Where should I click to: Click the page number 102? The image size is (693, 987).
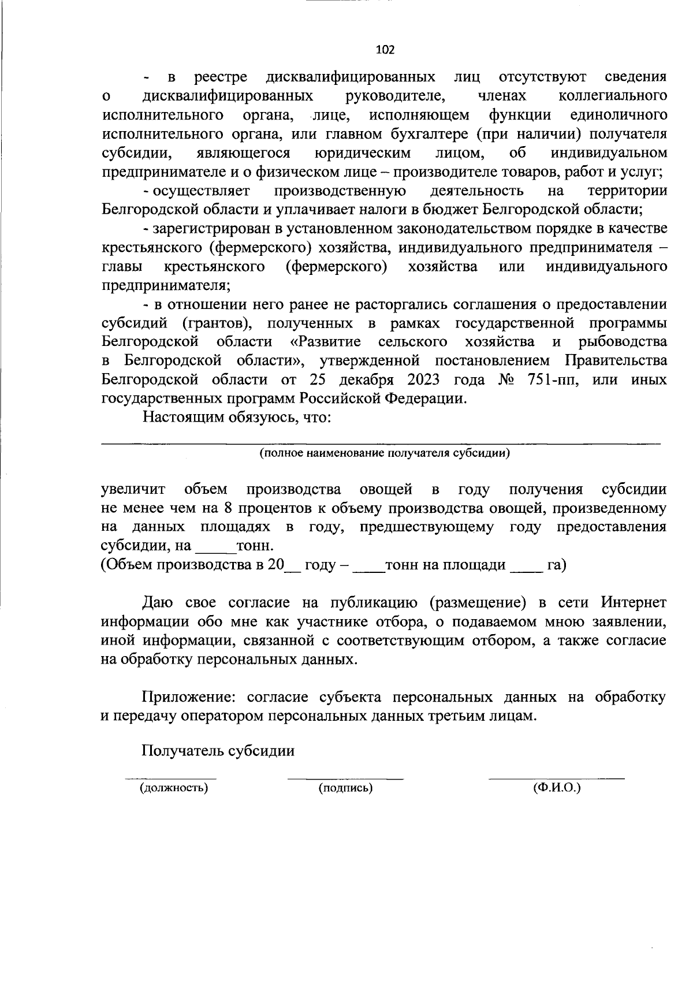(x=385, y=50)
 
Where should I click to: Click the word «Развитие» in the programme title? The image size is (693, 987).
(x=329, y=341)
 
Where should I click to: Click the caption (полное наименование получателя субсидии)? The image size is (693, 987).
(x=384, y=453)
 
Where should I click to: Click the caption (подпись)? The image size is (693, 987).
(x=345, y=787)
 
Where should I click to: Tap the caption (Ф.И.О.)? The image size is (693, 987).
(x=557, y=787)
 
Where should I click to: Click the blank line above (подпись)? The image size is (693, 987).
(x=345, y=777)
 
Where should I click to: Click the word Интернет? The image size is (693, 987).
(x=633, y=602)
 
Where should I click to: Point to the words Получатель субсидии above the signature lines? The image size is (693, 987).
(x=218, y=750)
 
